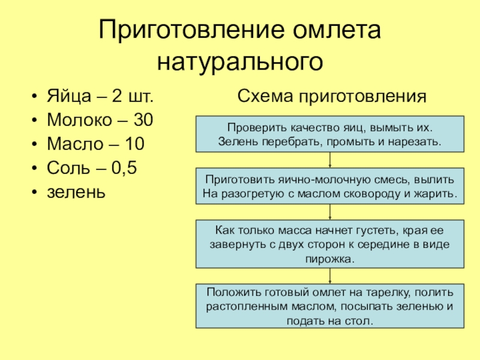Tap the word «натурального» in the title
pyautogui.click(x=240, y=62)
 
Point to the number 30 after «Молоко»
pyautogui.click(x=143, y=120)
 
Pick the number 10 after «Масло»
pyautogui.click(x=135, y=144)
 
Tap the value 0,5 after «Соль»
pyautogui.click(x=125, y=168)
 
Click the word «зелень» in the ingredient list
pyautogui.click(x=76, y=192)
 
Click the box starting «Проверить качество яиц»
pyautogui.click(x=331, y=134)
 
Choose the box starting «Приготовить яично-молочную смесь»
pyautogui.click(x=331, y=186)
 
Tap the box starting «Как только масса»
pyautogui.click(x=331, y=243)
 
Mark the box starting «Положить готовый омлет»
pyautogui.click(x=331, y=306)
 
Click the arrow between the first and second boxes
pyautogui.click(x=331, y=160)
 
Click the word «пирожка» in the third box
pyautogui.click(x=330, y=259)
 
